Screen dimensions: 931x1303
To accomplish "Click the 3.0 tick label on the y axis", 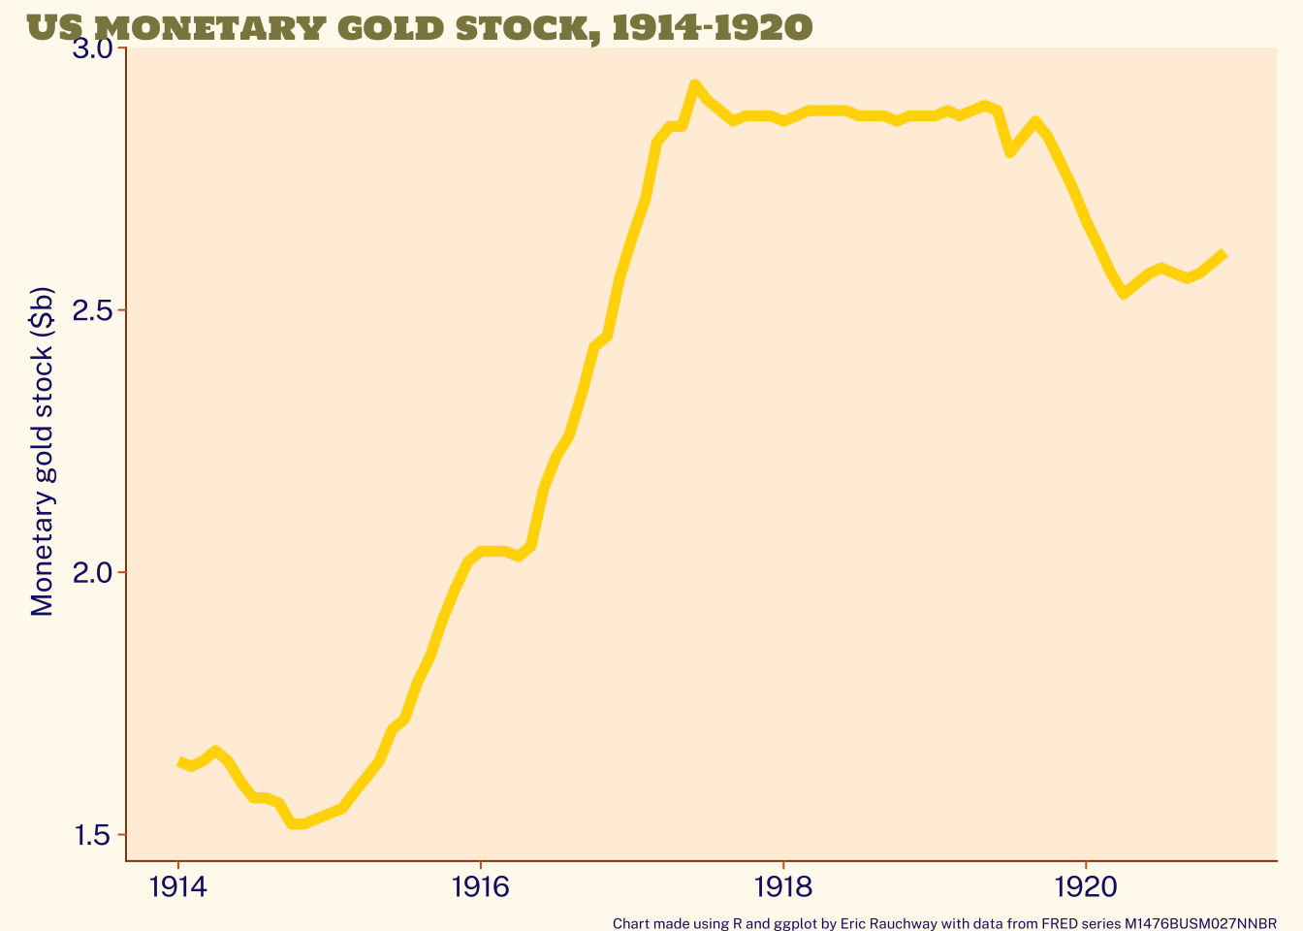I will coord(94,49).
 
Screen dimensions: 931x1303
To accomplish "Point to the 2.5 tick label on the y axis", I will coord(94,311).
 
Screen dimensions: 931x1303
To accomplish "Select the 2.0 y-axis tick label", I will coord(94,572).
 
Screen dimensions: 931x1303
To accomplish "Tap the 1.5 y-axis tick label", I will coord(94,834).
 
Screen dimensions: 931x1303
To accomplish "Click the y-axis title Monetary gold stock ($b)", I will coord(42,453).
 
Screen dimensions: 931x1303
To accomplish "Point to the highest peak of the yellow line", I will coord(694,85).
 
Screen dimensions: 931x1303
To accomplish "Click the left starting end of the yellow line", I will coord(180,762).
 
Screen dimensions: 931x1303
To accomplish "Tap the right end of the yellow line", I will coord(1224,254).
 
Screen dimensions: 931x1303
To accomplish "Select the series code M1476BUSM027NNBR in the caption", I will coord(1200,923).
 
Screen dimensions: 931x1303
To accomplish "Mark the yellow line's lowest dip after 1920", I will coord(1124,293).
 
